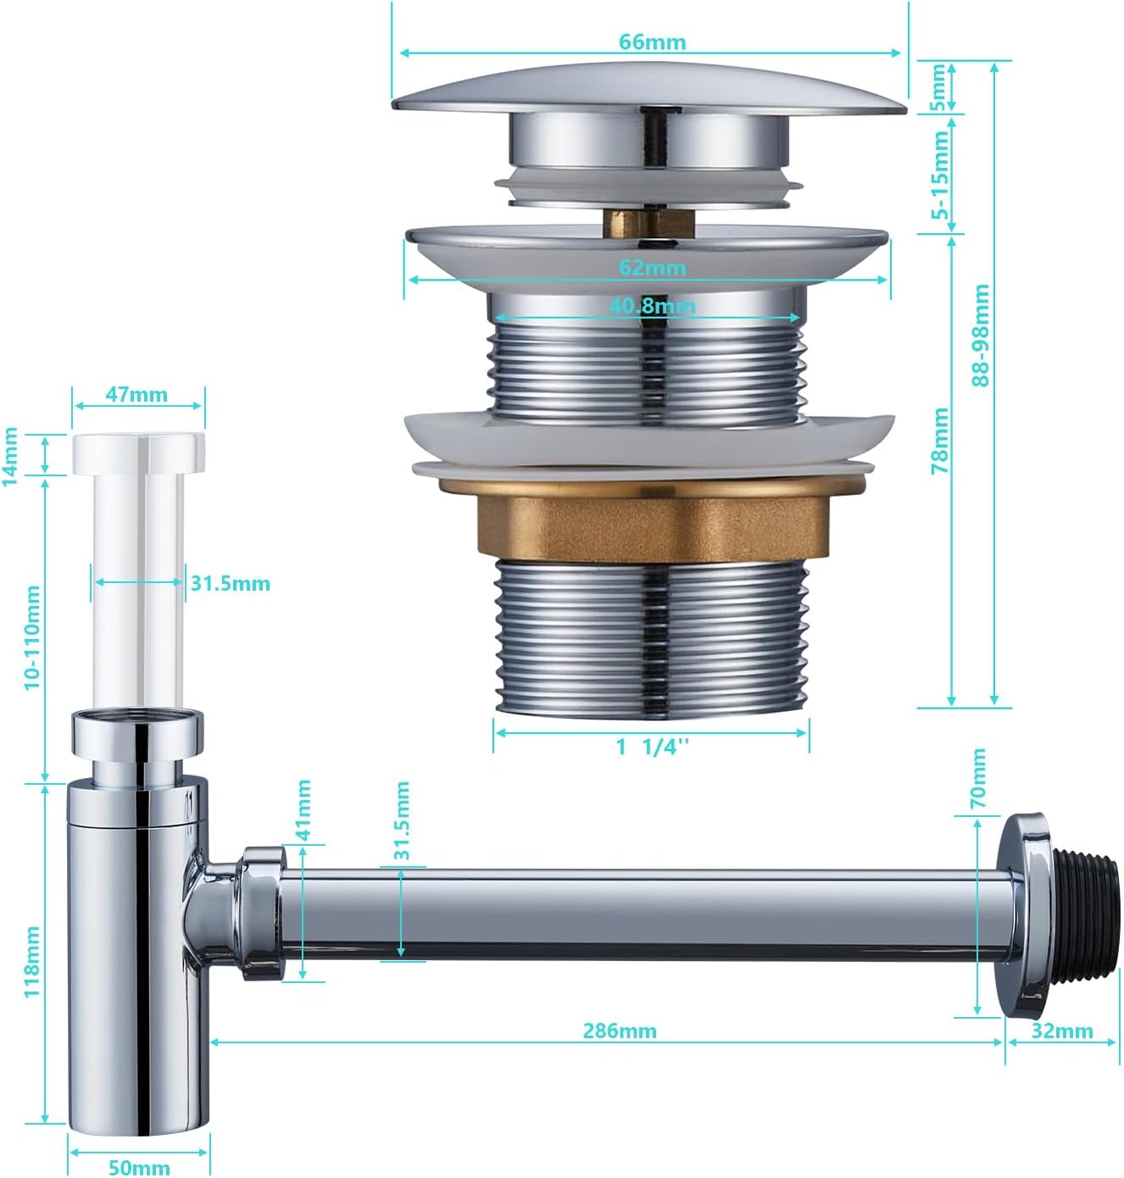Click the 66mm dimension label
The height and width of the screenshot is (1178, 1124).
[x=652, y=42]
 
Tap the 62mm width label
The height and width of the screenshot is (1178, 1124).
[x=652, y=267]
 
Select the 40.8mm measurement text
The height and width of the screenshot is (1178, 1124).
[x=652, y=306]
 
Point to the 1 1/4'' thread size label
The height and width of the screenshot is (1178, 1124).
[x=653, y=747]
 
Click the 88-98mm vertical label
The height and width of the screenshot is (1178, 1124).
[x=980, y=335]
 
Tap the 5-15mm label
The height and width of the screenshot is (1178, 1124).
[x=939, y=175]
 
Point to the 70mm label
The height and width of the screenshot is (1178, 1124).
[x=977, y=778]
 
